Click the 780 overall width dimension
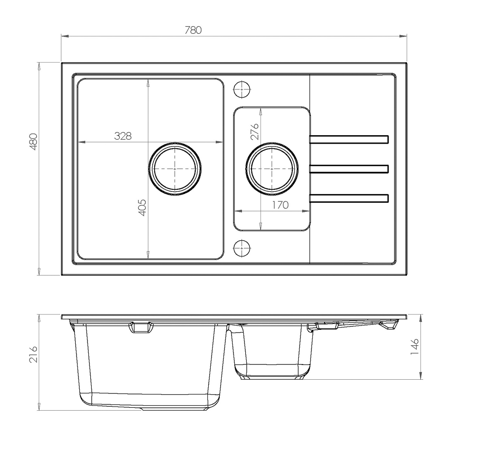point(193,30)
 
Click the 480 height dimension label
point(33,142)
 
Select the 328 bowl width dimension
point(123,136)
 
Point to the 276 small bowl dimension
point(254,131)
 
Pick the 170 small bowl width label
point(280,205)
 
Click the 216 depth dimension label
point(33,354)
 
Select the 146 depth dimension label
point(415,347)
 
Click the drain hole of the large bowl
point(175,169)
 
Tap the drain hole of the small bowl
point(272,169)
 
